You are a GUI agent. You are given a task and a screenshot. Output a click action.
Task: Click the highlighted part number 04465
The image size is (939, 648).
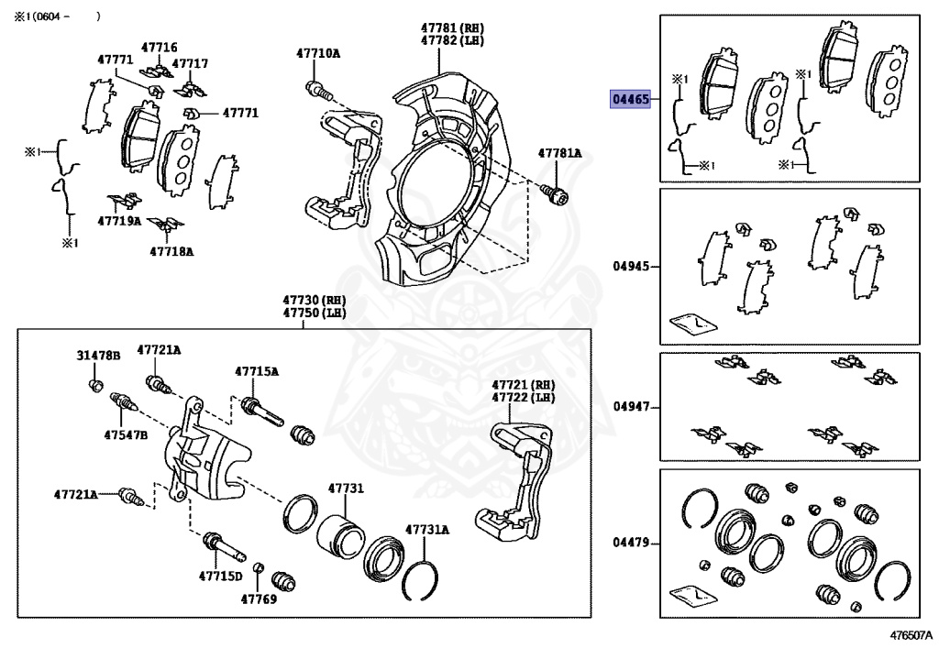click(631, 99)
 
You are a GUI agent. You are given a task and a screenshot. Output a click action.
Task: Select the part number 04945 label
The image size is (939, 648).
click(631, 267)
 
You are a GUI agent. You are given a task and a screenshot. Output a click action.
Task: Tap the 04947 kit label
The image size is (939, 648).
click(631, 405)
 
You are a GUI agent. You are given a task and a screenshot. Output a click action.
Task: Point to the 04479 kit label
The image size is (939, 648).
click(631, 543)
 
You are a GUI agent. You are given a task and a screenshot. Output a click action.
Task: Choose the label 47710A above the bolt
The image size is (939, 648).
click(317, 53)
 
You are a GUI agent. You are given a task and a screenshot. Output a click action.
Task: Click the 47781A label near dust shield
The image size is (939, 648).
click(559, 153)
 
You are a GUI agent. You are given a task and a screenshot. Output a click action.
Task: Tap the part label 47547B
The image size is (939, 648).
click(126, 434)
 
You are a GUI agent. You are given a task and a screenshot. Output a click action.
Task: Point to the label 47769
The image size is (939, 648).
click(259, 599)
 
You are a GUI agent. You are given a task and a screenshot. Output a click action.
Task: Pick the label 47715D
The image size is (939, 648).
click(221, 577)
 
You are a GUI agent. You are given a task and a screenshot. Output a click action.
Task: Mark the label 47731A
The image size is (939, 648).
click(427, 529)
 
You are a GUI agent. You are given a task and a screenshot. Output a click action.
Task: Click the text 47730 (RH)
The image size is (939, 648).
click(314, 300)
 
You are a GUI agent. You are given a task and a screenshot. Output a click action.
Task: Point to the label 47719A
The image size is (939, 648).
click(119, 221)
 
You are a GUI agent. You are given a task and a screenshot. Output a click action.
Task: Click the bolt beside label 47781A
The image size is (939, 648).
click(554, 192)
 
